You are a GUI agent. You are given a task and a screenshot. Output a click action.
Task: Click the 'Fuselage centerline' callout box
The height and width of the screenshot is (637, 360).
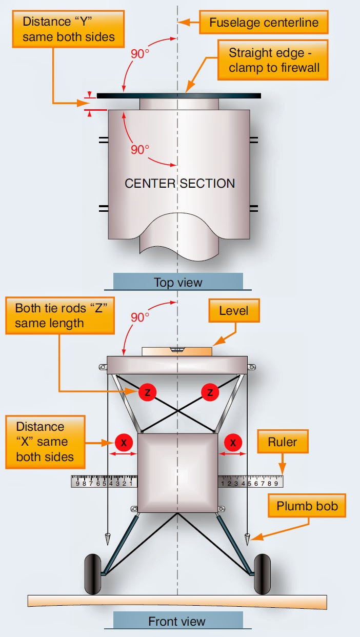264,23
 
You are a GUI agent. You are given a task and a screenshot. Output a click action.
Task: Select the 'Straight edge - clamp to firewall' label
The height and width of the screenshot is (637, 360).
270,60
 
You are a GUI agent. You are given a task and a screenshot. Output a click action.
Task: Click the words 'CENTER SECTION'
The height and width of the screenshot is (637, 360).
179,183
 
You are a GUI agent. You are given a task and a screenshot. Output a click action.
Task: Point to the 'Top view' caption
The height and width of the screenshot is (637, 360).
178,282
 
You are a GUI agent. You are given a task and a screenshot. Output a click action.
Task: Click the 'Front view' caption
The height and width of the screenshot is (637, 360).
177,622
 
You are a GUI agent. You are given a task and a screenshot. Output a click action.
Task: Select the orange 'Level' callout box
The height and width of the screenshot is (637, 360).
233,311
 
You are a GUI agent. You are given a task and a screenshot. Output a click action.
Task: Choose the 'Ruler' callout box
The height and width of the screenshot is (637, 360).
282,442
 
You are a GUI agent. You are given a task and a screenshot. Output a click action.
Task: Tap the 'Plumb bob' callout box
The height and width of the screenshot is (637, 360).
307,506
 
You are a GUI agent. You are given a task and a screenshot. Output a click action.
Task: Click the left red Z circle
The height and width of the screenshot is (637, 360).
147,393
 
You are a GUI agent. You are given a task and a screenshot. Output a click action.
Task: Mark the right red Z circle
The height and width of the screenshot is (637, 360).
210,393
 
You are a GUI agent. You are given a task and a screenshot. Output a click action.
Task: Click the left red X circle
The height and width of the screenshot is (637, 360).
123,442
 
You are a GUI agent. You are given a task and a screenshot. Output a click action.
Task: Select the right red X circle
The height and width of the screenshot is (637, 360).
233,442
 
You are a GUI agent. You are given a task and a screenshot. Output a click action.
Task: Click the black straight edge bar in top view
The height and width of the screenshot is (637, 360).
178,95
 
